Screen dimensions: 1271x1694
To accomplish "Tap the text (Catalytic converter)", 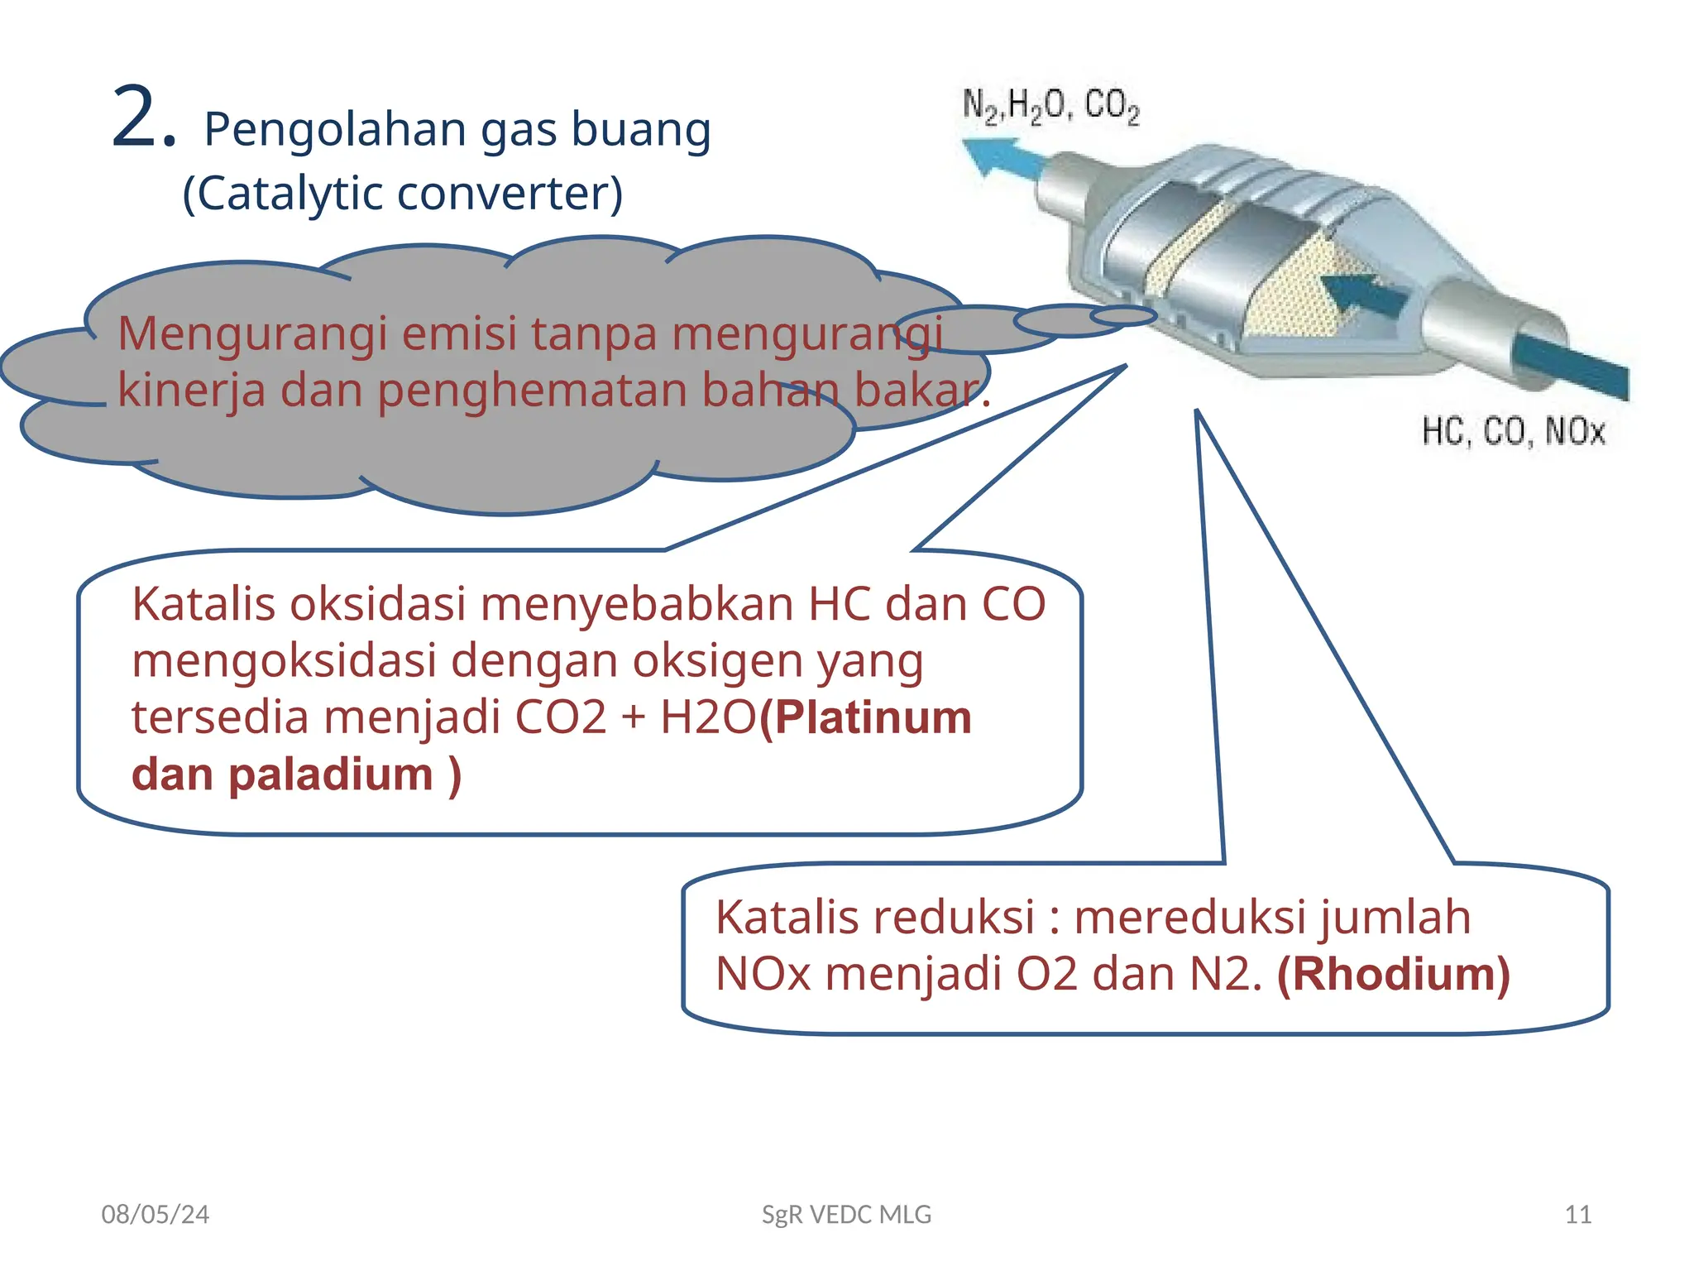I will click(x=402, y=194).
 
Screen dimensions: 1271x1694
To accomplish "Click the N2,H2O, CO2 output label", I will click(x=1050, y=107).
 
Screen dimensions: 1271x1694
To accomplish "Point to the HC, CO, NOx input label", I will click(x=1513, y=432).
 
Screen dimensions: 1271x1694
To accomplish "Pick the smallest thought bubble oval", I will click(x=1122, y=315).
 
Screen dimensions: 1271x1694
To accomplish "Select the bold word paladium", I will click(x=330, y=775).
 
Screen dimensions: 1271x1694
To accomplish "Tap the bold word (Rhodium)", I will click(x=1394, y=974).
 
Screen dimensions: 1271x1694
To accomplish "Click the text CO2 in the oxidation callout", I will click(x=560, y=717).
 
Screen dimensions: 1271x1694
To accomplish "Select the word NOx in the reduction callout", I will click(x=763, y=974).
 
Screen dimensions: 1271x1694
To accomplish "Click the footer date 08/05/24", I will click(x=155, y=1215).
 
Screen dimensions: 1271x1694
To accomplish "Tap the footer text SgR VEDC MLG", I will click(x=846, y=1215).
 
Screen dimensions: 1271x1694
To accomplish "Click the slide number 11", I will click(x=1578, y=1215).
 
